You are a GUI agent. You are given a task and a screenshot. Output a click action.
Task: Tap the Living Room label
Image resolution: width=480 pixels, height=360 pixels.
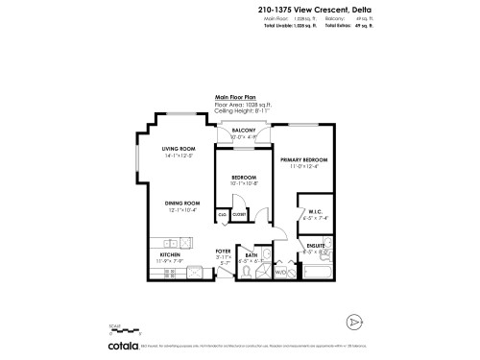179,149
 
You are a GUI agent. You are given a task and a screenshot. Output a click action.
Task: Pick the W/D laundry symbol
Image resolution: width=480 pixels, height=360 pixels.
282,272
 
